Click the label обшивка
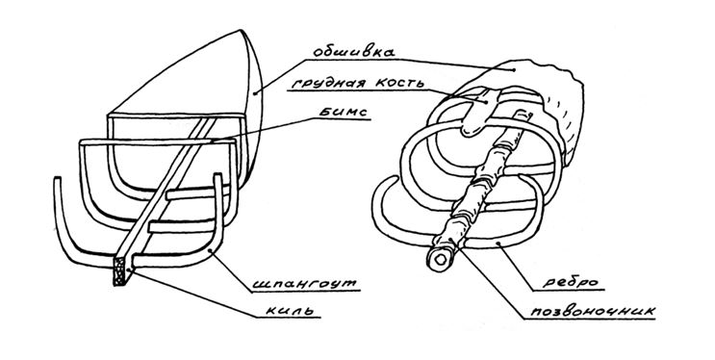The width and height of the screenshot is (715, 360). [354, 51]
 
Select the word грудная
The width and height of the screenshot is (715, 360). [320, 83]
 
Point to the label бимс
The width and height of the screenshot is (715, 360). [343, 113]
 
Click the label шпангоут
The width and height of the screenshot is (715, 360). [305, 283]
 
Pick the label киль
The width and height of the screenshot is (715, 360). [290, 311]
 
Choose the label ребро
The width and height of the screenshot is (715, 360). [570, 283]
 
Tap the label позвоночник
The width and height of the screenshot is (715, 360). [593, 311]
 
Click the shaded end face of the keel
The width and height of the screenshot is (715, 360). [120, 271]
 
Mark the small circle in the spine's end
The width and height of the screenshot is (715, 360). [441, 260]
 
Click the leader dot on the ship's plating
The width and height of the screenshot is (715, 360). [255, 93]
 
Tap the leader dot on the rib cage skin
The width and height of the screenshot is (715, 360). [514, 70]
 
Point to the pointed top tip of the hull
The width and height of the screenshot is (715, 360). [241, 31]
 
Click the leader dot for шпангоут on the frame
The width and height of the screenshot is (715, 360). [209, 251]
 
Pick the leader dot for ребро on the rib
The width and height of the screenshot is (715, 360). [498, 244]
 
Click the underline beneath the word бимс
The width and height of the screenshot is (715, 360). [339, 119]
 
